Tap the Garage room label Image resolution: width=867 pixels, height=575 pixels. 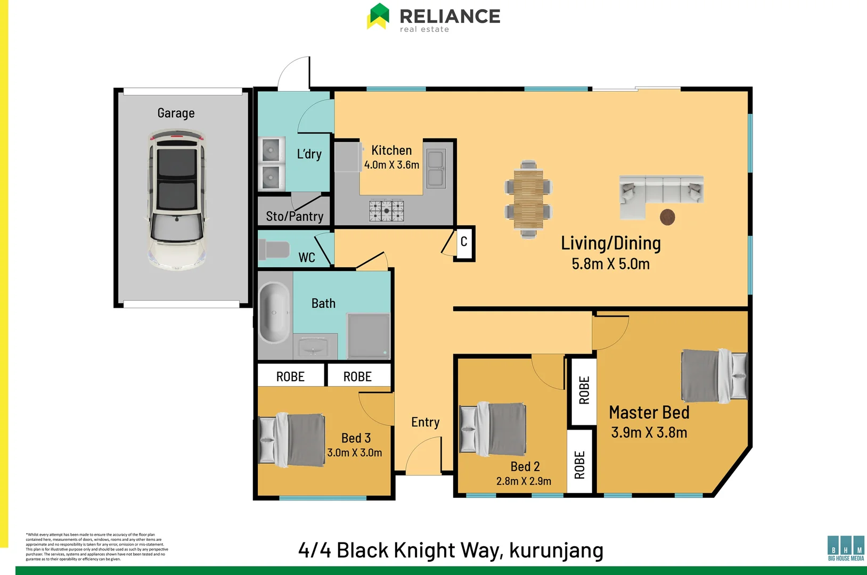coord(176,113)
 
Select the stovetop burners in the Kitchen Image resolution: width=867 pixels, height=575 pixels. coord(387,211)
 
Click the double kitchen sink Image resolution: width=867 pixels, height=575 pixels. coord(436,168)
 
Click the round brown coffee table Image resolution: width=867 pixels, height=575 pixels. coord(667,217)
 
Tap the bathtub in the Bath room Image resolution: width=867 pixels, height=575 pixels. coord(274,313)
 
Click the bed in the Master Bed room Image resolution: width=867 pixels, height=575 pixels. coord(714,375)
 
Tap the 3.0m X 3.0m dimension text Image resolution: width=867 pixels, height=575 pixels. coord(355,453)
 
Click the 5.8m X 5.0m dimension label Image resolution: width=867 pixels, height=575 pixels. coord(610,264)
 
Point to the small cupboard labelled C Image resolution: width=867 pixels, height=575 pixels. coord(464,242)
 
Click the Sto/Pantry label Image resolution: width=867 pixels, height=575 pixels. coord(295,217)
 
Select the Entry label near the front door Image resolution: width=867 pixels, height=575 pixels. coord(425,423)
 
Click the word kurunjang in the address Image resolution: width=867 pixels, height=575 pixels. coord(556,551)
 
